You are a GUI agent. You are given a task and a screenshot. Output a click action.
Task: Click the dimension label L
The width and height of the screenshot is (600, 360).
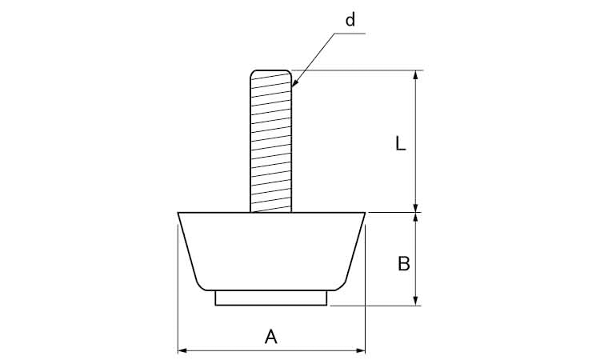coord(401,144)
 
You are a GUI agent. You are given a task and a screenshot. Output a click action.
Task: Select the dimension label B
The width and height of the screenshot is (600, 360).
coord(404,263)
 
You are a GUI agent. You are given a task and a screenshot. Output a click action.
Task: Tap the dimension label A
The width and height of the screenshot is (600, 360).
coord(271,338)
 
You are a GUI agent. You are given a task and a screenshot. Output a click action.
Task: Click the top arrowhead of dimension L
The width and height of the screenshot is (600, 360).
coord(415,75)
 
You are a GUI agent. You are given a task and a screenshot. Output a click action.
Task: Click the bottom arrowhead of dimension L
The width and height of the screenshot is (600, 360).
coord(415,207)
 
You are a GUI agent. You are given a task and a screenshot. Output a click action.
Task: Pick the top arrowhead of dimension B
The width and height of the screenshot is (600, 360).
coord(415,218)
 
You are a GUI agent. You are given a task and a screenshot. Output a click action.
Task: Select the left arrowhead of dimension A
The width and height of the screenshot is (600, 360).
coord(182,350)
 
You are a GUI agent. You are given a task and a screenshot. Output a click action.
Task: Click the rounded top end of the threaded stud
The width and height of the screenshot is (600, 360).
coord(271,73)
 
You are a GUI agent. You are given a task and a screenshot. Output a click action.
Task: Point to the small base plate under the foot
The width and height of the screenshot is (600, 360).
coord(271,298)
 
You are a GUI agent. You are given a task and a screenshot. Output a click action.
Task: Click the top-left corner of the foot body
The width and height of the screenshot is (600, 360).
coord(178,214)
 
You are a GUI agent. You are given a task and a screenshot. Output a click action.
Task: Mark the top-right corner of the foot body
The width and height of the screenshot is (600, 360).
coord(365,214)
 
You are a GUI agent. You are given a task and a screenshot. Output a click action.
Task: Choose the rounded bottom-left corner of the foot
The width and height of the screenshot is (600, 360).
coord(198,285)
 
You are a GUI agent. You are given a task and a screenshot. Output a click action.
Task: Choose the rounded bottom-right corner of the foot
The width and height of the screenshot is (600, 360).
coord(345,285)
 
